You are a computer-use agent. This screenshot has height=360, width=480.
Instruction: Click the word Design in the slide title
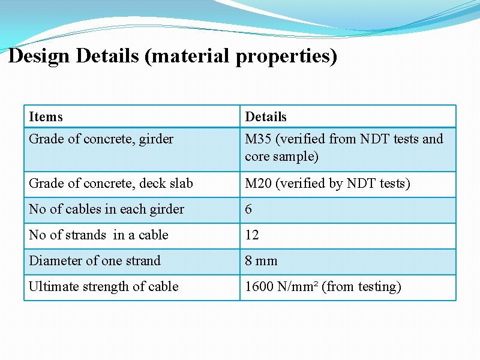pos(40,56)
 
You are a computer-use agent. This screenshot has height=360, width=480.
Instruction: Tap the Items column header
pos(46,116)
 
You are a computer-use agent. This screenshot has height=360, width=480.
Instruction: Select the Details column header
pos(266,116)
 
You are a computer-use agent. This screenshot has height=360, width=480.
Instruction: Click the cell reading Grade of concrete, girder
pos(101,139)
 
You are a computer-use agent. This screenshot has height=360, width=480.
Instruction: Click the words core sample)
pos(281,156)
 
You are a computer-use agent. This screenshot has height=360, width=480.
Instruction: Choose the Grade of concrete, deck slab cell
pos(111,183)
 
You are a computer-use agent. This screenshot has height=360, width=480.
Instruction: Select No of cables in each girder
pos(106,209)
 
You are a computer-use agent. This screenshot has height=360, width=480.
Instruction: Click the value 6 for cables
pos(249,209)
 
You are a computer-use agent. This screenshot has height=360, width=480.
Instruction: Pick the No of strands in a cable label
pos(98,235)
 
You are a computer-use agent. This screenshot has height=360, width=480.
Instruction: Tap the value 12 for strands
pos(252,235)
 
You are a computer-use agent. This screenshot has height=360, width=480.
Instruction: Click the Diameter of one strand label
pos(95,260)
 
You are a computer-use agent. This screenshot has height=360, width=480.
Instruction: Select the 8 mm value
pos(261,260)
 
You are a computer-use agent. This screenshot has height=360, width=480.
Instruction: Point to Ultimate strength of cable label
pos(103,286)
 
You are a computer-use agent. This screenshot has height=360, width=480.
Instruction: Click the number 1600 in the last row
pos(259,286)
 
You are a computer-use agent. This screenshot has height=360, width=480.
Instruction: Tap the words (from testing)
pos(361,286)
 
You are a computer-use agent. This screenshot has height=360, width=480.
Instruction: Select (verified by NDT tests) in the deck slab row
pos(343,183)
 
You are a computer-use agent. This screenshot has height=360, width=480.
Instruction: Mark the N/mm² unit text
pos(297,286)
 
